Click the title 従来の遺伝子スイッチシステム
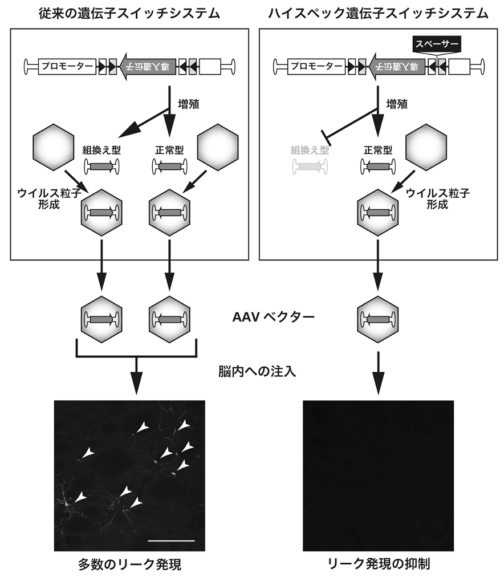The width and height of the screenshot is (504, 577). click(129, 13)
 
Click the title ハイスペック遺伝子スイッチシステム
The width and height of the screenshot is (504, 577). click(379, 13)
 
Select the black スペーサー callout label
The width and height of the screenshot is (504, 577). click(435, 43)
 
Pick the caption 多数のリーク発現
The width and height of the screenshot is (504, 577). click(129, 564)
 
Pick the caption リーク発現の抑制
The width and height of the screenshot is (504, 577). click(379, 564)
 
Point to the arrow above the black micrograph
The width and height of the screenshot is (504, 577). click(378, 371)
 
